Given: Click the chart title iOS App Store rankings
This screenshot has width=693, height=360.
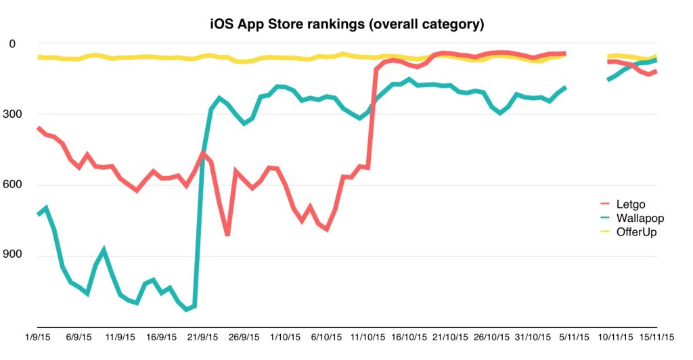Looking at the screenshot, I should [x=346, y=24].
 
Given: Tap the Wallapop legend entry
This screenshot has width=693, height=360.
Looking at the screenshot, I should [x=640, y=218].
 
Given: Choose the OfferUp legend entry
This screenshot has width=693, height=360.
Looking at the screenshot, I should [x=637, y=232].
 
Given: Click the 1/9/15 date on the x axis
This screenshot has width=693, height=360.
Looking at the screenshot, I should [x=39, y=336].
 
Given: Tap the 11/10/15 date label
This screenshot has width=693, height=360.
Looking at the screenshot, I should [x=370, y=336].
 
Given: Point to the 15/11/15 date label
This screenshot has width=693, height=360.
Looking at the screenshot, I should [x=656, y=336].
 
